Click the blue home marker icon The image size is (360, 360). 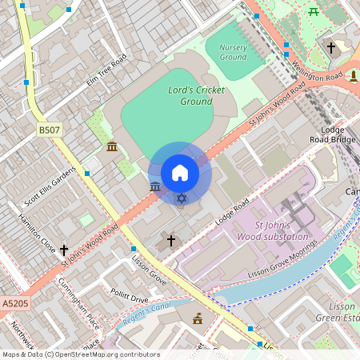(180, 173)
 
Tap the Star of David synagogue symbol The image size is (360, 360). (182, 198)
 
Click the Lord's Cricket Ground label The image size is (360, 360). (197, 96)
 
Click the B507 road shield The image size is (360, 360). (48, 129)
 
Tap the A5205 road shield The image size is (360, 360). (14, 304)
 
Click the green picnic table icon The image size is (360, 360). (314, 11)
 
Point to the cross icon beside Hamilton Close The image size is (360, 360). (64, 250)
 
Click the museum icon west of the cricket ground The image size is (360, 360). (111, 146)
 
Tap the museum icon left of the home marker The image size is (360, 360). (154, 186)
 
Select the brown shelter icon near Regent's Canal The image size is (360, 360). (198, 319)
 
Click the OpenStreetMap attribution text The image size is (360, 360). (80, 354)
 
